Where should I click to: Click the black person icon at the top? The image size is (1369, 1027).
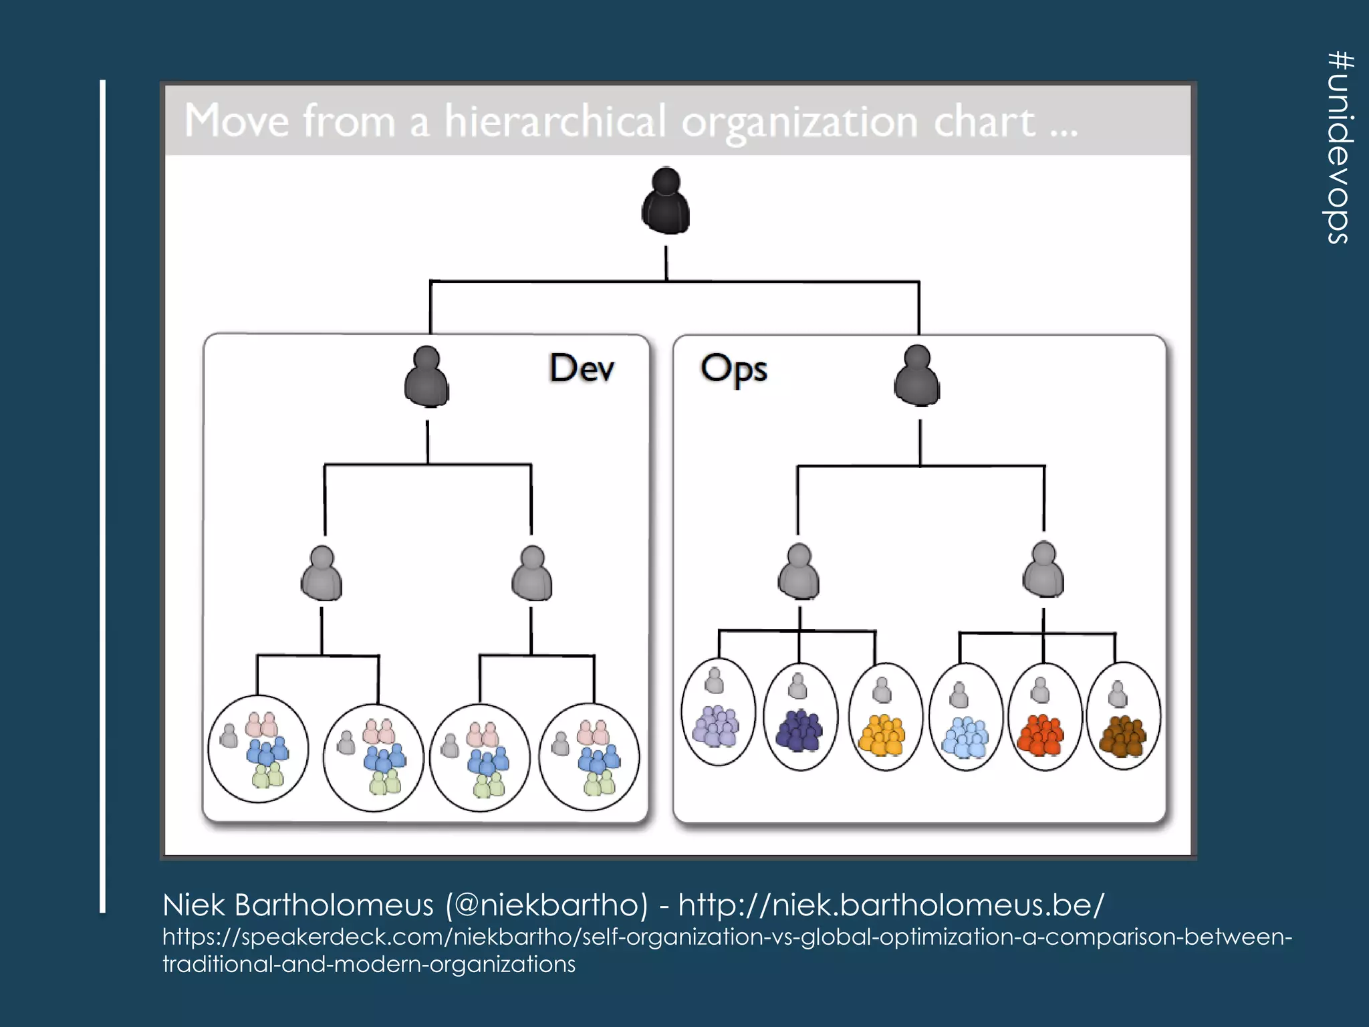665,201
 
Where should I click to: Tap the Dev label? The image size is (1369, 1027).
582,368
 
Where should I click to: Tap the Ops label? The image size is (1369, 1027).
733,368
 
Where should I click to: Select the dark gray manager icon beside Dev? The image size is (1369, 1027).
426,376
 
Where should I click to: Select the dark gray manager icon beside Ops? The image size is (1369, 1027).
916,375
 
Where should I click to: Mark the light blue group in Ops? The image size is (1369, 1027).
965,737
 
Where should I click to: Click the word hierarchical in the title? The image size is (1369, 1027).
555,121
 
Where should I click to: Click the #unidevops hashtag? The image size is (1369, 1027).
1339,147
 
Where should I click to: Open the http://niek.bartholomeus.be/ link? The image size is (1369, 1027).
891,905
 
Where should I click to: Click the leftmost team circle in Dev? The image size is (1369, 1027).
258,749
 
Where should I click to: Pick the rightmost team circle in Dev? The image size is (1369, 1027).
589,757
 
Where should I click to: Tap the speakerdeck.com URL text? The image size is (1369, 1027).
727,937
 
